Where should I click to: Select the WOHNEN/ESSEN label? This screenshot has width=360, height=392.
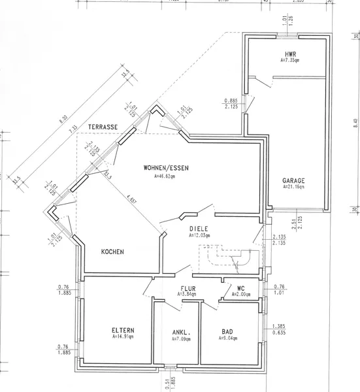[x=166, y=168]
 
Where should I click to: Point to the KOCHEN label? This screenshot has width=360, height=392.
[x=113, y=251]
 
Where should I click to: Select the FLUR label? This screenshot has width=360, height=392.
[x=189, y=287]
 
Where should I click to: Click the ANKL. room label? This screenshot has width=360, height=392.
[x=180, y=331]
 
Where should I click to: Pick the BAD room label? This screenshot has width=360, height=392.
[x=228, y=331]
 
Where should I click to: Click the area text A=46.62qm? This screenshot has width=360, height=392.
[x=165, y=176]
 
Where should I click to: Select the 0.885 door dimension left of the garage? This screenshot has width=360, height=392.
[x=230, y=99]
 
